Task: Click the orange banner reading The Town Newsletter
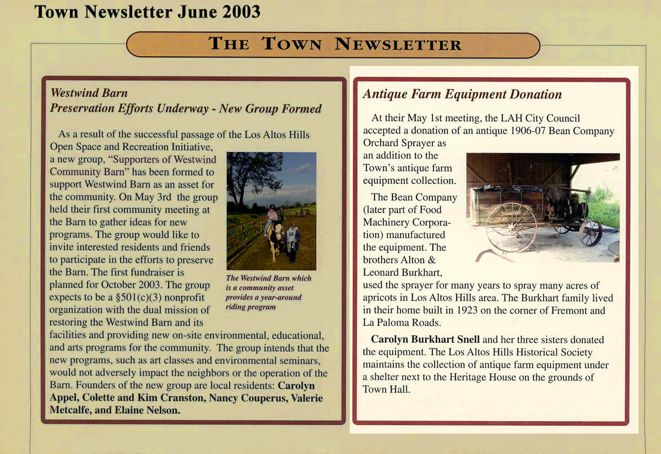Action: pos(333,45)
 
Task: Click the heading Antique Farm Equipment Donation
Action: pos(462,94)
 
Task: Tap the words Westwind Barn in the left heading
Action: pos(89,93)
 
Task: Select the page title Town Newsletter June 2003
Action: pos(147,12)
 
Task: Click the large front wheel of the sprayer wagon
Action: pos(511,226)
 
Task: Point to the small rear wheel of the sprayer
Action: pos(590,233)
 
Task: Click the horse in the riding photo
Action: pos(275,237)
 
